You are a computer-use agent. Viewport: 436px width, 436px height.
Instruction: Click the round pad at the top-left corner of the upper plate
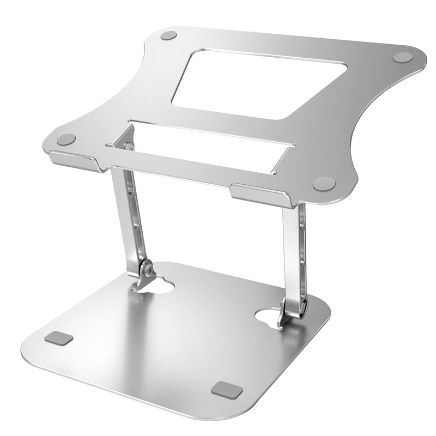click(169, 36)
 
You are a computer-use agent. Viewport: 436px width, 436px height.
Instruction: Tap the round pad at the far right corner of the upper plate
click(403, 57)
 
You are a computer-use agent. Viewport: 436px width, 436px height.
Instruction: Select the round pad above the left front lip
click(66, 140)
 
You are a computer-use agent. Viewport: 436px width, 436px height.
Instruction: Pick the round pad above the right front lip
click(324, 183)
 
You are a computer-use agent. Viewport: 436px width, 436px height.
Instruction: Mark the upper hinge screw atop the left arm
click(128, 146)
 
